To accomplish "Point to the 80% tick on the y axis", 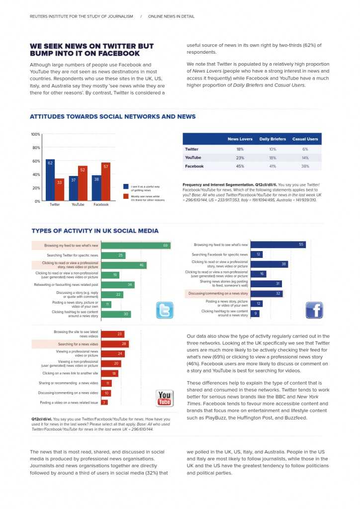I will [x=36, y=148].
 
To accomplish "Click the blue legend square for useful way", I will [x=126, y=186].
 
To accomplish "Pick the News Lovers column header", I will [x=240, y=139].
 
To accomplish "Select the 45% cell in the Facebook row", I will [x=240, y=166].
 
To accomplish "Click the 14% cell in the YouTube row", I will [x=305, y=158].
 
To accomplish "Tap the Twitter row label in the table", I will [x=191, y=149].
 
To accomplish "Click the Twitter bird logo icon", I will [x=165, y=310].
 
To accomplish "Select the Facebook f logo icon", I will [x=314, y=310].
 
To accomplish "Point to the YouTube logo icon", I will [x=165, y=398].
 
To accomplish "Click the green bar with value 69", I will [x=136, y=246].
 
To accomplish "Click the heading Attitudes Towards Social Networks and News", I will [x=113, y=117].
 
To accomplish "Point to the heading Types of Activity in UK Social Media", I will [x=95, y=231].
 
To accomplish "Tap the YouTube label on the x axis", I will [x=78, y=204].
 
